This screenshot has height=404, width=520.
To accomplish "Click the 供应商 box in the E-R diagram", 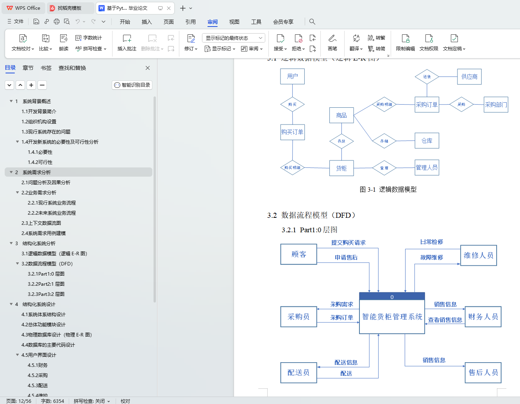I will point(469,77).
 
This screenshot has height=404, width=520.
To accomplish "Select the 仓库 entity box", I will point(427,141).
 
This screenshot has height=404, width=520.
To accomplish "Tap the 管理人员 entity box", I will point(427,167).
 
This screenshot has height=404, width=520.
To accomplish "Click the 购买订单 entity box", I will point(292,132).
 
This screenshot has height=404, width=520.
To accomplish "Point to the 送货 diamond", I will point(427,77).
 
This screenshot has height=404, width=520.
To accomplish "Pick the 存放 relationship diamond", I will point(341,141).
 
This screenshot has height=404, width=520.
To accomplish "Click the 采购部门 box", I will point(496,105).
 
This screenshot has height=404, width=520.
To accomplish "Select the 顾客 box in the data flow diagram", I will point(299,254).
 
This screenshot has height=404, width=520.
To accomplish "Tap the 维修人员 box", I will point(478,255).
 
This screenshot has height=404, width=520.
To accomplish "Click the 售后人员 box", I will point(483,372).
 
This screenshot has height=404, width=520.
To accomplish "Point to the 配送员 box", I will point(298,372).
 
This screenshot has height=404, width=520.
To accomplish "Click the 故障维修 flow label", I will point(432,258).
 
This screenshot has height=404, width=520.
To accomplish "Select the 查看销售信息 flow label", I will point(445,320).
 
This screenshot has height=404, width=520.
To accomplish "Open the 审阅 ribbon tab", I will point(213,22).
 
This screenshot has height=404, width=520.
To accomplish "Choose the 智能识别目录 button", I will point(132,85).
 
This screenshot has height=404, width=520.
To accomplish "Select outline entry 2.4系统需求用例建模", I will point(43,233).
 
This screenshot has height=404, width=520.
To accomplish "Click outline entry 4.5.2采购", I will point(38,376).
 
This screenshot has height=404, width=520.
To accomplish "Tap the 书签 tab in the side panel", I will point(46,68).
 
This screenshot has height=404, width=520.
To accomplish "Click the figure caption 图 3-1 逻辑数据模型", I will point(388,189).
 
